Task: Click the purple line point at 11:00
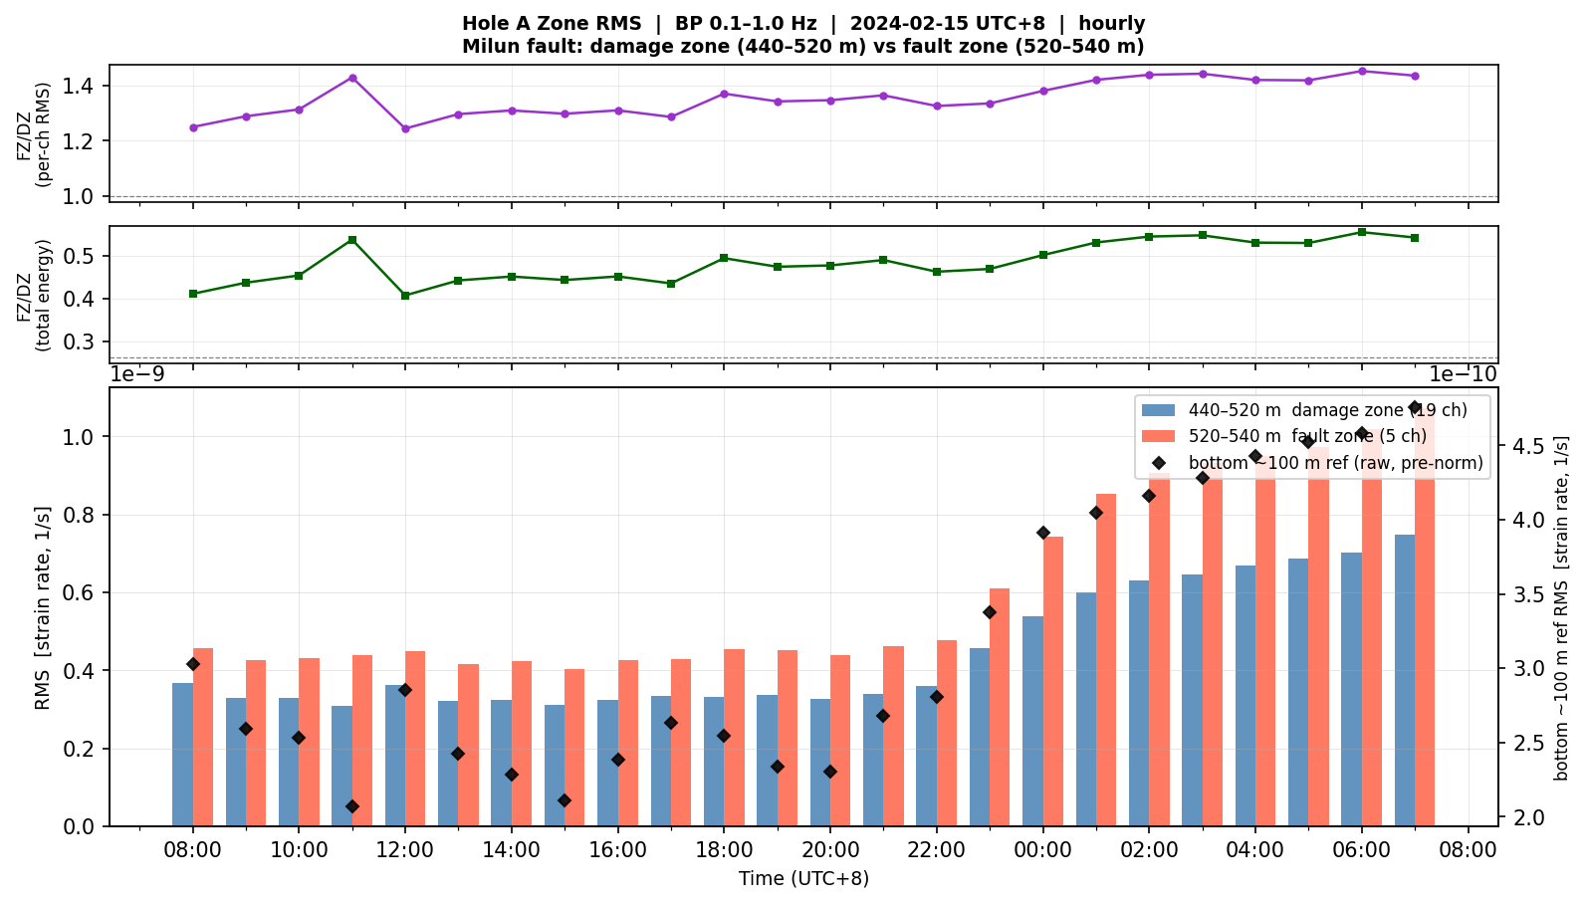352,78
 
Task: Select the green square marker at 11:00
352,240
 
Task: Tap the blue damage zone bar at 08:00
182,755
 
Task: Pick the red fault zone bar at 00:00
1053,681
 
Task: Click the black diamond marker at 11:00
352,806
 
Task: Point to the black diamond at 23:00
990,612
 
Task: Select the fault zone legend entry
1284,436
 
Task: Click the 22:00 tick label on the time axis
937,850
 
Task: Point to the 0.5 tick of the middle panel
82,256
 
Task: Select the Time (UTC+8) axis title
803,879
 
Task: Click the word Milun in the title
487,47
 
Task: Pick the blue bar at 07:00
1405,681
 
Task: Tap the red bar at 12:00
415,739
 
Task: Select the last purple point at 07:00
1415,76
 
